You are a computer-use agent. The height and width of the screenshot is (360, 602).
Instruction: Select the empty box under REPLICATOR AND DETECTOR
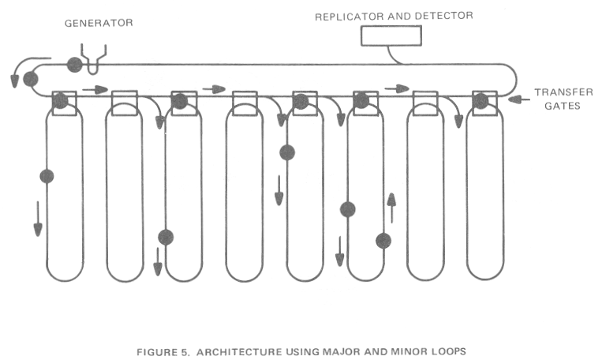tap(391, 36)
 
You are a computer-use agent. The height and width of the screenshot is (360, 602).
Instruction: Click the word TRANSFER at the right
tap(563, 92)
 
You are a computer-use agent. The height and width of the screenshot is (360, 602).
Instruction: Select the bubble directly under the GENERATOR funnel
tap(74, 64)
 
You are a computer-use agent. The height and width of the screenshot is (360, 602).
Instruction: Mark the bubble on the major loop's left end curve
tap(31, 78)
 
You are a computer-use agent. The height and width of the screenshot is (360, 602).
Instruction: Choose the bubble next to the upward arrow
tap(383, 240)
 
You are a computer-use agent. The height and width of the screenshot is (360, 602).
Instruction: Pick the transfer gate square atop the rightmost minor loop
tap(480, 102)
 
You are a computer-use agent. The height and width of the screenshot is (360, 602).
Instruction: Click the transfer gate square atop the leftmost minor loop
tap(62, 102)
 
